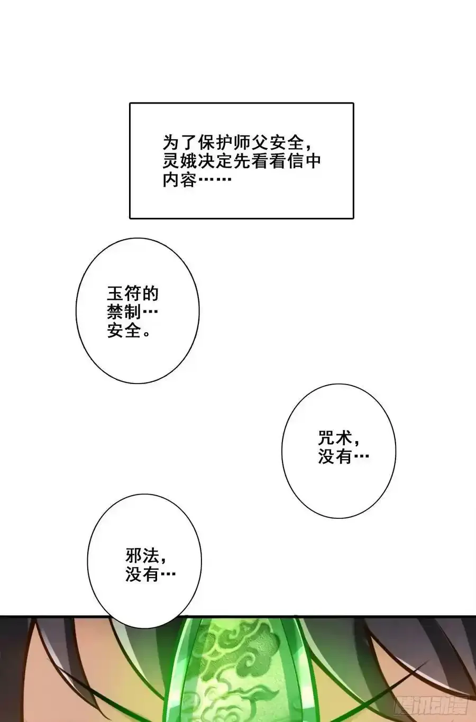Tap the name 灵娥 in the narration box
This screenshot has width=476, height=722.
coord(179,161)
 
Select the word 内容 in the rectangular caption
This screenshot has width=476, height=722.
coord(179,179)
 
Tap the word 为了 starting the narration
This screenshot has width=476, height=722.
coord(179,142)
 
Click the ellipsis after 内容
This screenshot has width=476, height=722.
coord(215,179)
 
